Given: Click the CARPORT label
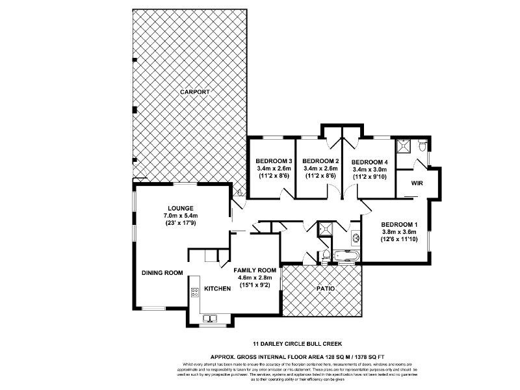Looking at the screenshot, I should (195, 93).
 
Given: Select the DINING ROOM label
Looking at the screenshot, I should (162, 273).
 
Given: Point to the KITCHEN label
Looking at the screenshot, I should (218, 288).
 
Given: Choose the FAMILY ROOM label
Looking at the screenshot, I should (255, 270).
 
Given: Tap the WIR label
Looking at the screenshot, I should (417, 184).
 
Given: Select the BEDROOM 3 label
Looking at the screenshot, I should (272, 161).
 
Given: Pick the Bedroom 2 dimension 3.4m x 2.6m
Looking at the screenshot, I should (320, 168).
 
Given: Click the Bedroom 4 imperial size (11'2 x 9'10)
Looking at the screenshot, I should (369, 176).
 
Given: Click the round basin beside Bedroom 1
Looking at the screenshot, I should (355, 238).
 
